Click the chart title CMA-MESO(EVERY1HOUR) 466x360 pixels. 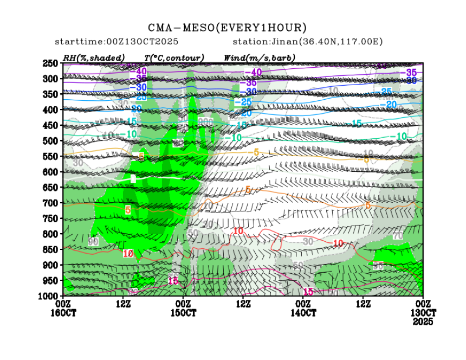point(227,28)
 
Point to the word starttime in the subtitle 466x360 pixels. point(76,42)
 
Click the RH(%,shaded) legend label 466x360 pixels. point(94,57)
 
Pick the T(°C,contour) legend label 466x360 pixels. point(173,57)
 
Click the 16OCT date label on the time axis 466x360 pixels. point(63,313)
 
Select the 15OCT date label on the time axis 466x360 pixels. point(183,313)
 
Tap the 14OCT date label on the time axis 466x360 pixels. point(303,313)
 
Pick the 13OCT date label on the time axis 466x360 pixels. point(423,313)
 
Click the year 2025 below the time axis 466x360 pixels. point(423,321)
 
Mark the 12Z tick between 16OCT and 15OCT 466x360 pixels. point(124,304)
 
